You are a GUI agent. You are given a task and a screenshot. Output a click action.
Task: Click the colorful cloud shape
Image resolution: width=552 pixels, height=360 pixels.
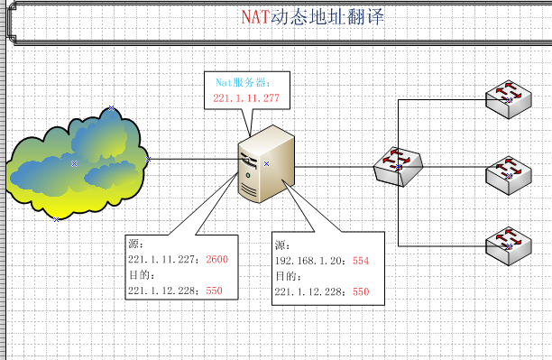tap(77, 162)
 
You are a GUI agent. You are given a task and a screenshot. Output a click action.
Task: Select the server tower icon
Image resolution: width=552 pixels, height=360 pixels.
tap(265, 163)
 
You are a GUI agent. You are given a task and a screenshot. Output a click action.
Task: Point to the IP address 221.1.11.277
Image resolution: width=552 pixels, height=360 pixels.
tap(246, 97)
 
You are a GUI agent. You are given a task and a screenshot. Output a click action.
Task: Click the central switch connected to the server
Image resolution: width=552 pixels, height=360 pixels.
tap(397, 166)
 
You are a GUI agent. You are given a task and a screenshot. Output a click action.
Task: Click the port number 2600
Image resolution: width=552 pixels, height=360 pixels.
tap(217, 260)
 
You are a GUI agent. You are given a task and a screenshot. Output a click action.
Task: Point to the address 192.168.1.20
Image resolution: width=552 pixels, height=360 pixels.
tap(309, 261)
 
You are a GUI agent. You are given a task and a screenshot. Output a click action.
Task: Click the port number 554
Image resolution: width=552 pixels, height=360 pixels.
tap(362, 261)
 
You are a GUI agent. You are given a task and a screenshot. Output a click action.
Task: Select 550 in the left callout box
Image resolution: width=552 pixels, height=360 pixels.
tap(214, 291)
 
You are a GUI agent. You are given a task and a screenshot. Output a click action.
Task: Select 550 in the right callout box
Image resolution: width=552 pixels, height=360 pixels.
tap(361, 291)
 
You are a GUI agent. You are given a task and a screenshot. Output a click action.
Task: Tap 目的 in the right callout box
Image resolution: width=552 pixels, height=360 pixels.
tap(285, 276)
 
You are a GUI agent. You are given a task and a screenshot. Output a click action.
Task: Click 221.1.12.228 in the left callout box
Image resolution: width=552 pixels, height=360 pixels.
tap(164, 291)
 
